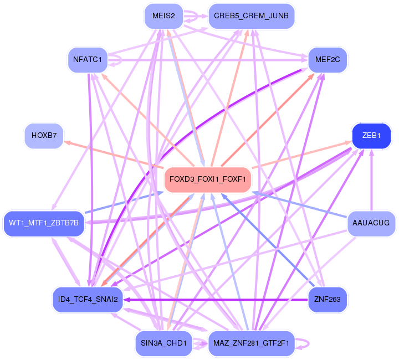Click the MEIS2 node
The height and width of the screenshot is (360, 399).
point(162,16)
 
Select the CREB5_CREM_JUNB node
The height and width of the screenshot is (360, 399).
point(251,16)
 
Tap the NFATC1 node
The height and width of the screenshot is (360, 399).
point(87,60)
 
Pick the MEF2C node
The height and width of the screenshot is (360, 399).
point(327,60)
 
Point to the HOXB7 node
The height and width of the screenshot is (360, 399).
point(44,136)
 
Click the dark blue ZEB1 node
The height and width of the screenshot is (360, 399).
point(371,136)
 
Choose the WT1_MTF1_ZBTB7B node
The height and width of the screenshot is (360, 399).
point(44,223)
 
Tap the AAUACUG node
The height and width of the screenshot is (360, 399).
point(371,223)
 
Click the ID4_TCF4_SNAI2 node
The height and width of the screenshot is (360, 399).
point(87,300)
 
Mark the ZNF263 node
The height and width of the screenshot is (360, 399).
point(327,300)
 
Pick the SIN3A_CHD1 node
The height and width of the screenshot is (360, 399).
point(164,343)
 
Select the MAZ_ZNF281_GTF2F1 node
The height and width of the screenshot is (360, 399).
point(251,343)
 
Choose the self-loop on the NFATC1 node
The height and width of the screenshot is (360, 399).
point(117,64)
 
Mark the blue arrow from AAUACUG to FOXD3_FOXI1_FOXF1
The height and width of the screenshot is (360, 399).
point(299,204)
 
